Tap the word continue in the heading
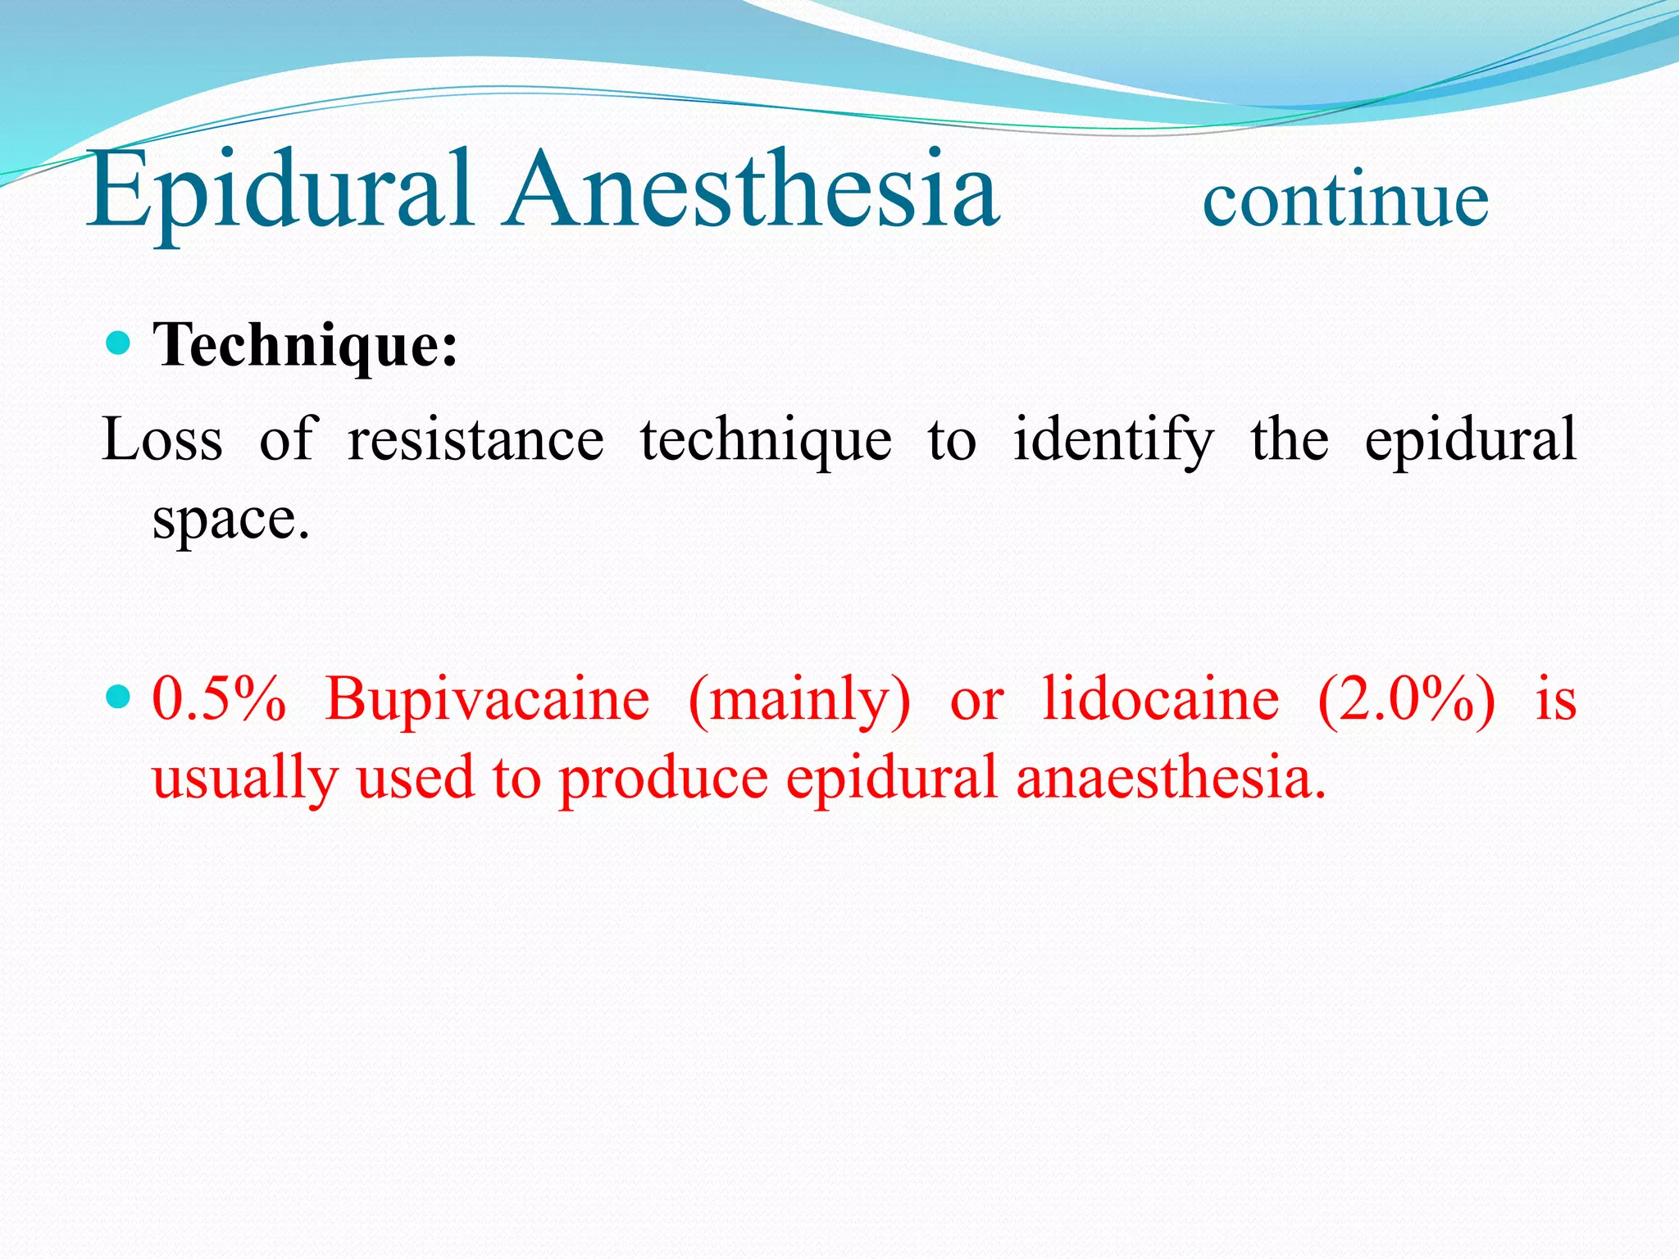tap(1345, 201)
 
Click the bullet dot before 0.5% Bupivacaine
tap(120, 698)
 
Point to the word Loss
tap(162, 440)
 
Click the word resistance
tap(475, 440)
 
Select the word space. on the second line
tap(231, 520)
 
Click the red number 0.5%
tap(219, 700)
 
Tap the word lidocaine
tap(1160, 700)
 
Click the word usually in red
tap(244, 779)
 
